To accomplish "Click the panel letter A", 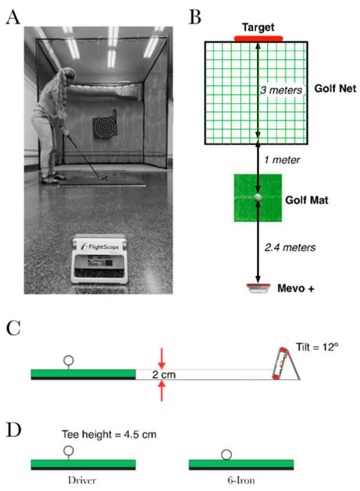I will [x=13, y=18].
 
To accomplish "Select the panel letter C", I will [x=13, y=330].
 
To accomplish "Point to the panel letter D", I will [x=13, y=428].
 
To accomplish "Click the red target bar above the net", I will [x=258, y=38].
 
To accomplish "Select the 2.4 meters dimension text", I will [x=290, y=248].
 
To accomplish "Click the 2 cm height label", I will [x=162, y=375].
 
